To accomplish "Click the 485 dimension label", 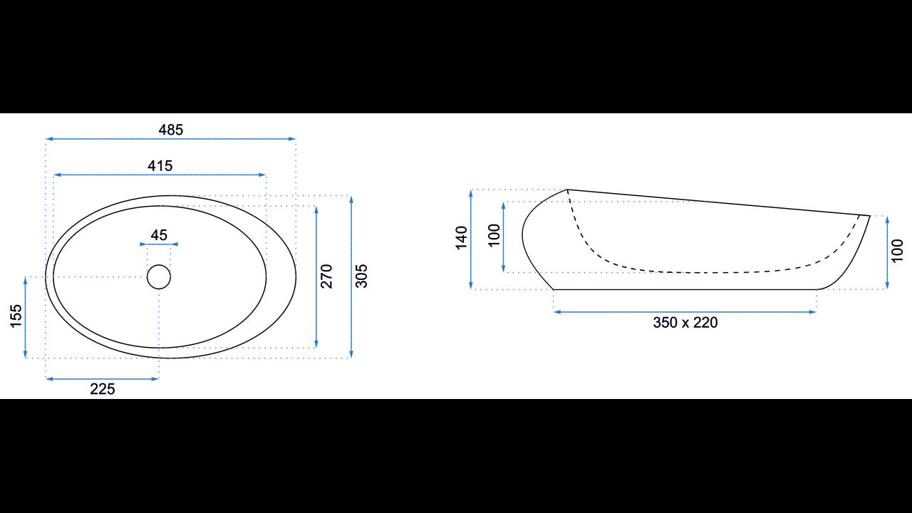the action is pyautogui.click(x=171, y=130).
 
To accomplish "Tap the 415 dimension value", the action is pyautogui.click(x=160, y=166).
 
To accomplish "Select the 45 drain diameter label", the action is pyautogui.click(x=159, y=235).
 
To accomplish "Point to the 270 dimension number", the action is pyautogui.click(x=326, y=276).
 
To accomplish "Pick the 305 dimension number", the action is pyautogui.click(x=361, y=276).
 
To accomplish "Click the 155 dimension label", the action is pyautogui.click(x=16, y=316).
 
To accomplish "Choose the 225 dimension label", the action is pyautogui.click(x=103, y=389).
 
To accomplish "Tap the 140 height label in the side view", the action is pyautogui.click(x=461, y=238).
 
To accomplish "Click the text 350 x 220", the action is pyautogui.click(x=685, y=323).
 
